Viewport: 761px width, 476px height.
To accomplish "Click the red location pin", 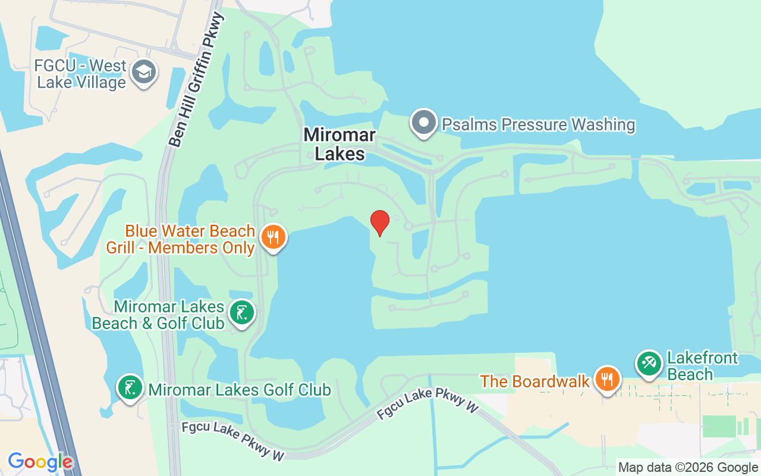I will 380,223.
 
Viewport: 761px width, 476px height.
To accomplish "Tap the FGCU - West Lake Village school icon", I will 143,73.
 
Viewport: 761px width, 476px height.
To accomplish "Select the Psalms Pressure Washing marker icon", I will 424,123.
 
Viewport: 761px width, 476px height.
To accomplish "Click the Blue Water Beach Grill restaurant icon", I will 273,237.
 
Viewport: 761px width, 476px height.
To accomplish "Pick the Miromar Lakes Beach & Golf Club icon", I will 242,312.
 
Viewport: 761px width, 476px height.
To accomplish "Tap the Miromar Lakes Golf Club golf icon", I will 129,388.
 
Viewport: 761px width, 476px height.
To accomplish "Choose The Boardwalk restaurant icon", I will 606,379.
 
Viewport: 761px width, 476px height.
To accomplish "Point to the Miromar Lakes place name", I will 339,144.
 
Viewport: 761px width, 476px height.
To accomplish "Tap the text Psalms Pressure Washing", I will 539,124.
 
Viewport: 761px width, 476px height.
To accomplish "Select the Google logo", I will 40,462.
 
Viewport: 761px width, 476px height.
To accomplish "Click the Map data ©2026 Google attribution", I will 688,468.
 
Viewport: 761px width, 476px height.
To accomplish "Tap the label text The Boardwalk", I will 535,381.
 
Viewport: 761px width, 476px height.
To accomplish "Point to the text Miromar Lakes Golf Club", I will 240,390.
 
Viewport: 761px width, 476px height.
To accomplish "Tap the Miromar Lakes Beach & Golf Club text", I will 158,315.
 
